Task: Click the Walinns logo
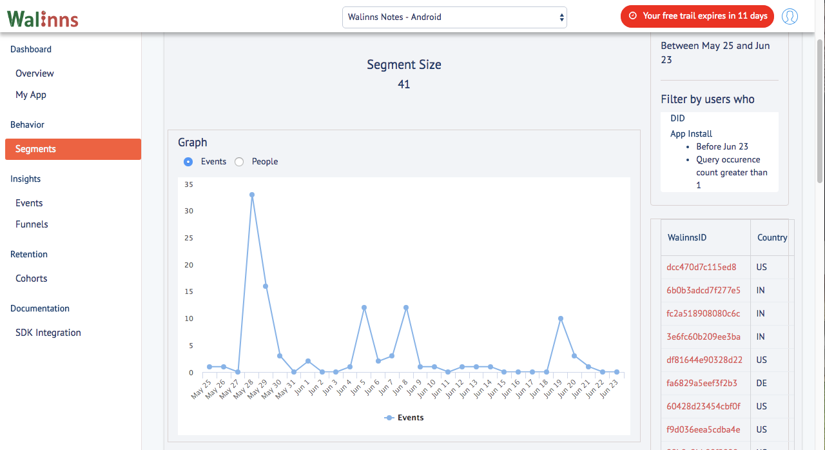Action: click(x=43, y=19)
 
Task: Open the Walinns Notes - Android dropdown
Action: click(x=454, y=17)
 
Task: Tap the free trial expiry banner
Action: click(x=697, y=16)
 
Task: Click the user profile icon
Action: click(x=790, y=17)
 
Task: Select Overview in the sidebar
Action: click(x=35, y=73)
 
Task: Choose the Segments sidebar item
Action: click(x=73, y=149)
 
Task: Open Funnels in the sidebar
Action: click(x=32, y=224)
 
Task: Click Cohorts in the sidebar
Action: click(x=32, y=279)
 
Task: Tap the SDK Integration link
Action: click(x=48, y=333)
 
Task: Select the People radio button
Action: click(x=239, y=162)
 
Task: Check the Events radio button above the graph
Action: click(x=188, y=162)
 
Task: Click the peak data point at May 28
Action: click(x=252, y=195)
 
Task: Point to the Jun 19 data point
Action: click(x=561, y=318)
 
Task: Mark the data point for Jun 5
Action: click(x=364, y=308)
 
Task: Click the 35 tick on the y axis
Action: click(x=189, y=184)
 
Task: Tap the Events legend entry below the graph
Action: click(x=403, y=418)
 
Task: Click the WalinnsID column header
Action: click(x=687, y=237)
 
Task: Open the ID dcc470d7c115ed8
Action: click(x=701, y=267)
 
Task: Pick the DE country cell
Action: click(x=761, y=383)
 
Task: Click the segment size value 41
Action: click(x=403, y=84)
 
